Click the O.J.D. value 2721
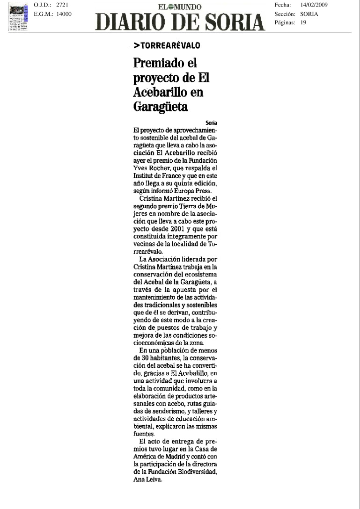coord(62,5)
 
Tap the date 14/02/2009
coord(314,5)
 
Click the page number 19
coord(303,22)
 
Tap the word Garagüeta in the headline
coord(161,107)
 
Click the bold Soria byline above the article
coord(212,123)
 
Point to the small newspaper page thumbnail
coord(18,16)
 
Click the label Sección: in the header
coord(285,14)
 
